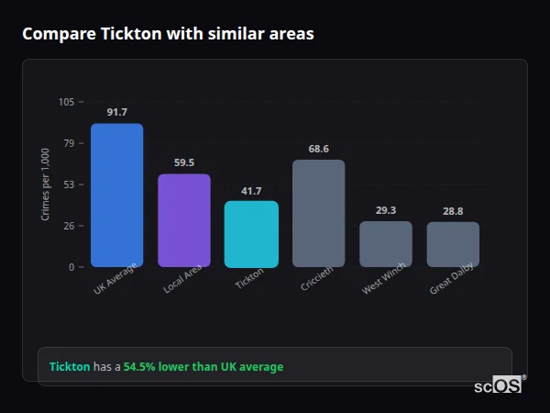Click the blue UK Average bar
tap(116, 195)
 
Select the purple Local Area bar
tap(183, 220)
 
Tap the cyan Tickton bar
tap(251, 234)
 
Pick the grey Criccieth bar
tap(318, 213)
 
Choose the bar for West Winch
tap(385, 244)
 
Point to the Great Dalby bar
tap(453, 244)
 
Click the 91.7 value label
tap(116, 112)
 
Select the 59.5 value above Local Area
tap(183, 162)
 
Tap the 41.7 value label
tap(251, 191)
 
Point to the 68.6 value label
tap(318, 149)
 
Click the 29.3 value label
tap(385, 210)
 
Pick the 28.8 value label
tap(453, 211)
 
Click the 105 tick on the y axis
tap(66, 102)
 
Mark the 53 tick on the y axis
tap(69, 184)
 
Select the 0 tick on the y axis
tap(71, 267)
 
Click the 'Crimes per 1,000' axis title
tap(45, 184)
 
